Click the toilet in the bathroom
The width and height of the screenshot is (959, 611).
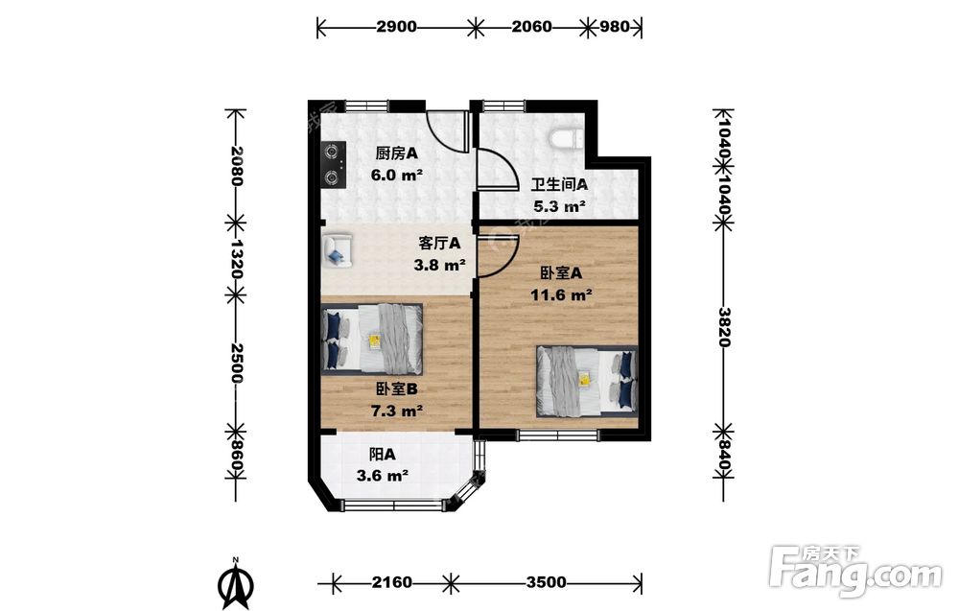(x=566, y=139)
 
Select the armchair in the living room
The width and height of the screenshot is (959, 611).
(x=338, y=249)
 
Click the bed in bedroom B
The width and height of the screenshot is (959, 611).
(x=372, y=339)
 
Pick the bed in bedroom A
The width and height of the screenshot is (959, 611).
(x=587, y=381)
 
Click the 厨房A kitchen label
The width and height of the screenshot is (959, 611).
(x=396, y=153)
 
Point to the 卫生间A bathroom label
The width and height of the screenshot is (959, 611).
(x=559, y=184)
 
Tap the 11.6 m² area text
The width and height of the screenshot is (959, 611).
(x=561, y=295)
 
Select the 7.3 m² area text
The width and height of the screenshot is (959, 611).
(x=397, y=411)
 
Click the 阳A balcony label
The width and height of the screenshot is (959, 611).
(x=383, y=455)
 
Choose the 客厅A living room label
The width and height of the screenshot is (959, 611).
(x=440, y=244)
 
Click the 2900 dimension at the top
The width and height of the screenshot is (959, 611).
(x=396, y=26)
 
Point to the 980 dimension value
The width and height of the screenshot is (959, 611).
(x=615, y=26)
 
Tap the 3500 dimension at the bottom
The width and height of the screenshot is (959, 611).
(x=547, y=582)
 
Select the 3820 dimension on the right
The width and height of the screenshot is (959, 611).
(x=723, y=327)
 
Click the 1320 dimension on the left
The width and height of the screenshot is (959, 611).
(x=236, y=258)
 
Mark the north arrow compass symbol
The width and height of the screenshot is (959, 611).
(x=236, y=582)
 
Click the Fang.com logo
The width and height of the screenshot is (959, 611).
(x=855, y=571)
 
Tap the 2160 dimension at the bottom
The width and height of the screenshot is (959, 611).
(x=392, y=582)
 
